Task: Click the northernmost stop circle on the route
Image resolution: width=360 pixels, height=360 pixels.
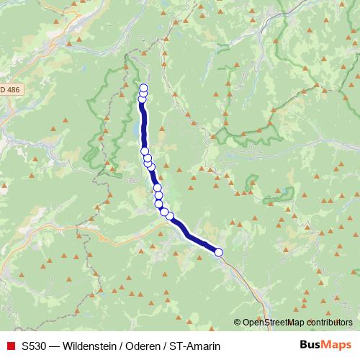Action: click(143, 88)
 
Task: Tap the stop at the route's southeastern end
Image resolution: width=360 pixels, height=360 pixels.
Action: click(219, 252)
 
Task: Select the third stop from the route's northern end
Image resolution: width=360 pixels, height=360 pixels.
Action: click(142, 99)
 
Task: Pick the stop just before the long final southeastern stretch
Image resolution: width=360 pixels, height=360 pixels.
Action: click(171, 216)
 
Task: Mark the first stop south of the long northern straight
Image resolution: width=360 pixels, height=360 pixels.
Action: click(145, 150)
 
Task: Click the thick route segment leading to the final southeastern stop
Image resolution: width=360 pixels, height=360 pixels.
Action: click(198, 239)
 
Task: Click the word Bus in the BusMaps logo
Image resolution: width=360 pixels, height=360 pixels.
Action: click(310, 345)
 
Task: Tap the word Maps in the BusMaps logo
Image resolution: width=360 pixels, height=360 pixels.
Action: click(337, 345)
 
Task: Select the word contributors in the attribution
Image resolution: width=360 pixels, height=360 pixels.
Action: click(330, 322)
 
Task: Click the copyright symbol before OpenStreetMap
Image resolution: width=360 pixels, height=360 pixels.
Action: click(238, 322)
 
